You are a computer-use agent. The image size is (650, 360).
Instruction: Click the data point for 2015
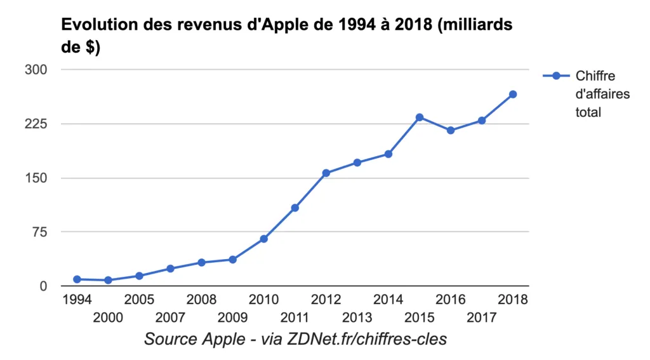420,117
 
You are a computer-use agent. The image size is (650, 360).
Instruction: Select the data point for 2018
513,95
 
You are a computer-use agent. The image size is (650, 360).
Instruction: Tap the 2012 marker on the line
326,173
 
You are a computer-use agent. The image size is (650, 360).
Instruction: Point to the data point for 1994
77,279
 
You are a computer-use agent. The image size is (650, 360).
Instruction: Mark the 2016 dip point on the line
451,131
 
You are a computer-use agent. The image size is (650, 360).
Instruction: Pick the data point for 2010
264,239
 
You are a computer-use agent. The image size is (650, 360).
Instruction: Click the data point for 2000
108,280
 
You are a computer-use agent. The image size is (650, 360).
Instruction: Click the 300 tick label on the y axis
36,69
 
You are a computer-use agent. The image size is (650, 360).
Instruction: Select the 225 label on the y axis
36,124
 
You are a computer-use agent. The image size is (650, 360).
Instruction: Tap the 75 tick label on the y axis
39,232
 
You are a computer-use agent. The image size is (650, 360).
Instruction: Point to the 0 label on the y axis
43,286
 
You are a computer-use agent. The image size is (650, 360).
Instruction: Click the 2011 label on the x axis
295,317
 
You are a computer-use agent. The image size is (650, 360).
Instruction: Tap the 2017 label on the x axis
481,317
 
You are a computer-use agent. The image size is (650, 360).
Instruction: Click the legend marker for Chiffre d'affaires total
556,76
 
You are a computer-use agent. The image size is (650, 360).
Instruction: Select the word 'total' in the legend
588,112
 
